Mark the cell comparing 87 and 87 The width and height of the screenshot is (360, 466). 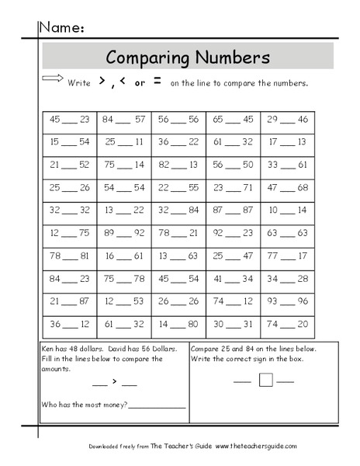click(x=233, y=210)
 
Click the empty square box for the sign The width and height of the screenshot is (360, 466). click(x=265, y=380)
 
